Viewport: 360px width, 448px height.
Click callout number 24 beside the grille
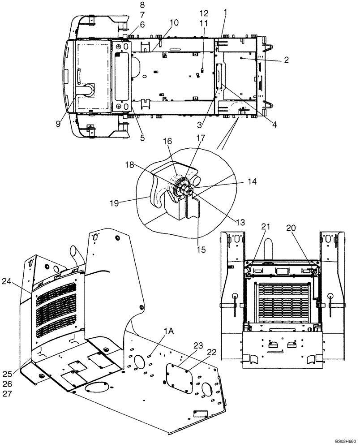(x=19, y=282)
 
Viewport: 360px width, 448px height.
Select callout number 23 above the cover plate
(x=197, y=345)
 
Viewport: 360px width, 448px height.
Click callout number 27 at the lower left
(x=19, y=394)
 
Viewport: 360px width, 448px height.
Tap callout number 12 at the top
(x=204, y=13)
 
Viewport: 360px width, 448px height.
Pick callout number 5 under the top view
(x=142, y=138)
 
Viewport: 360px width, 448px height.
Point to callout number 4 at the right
(x=274, y=125)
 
